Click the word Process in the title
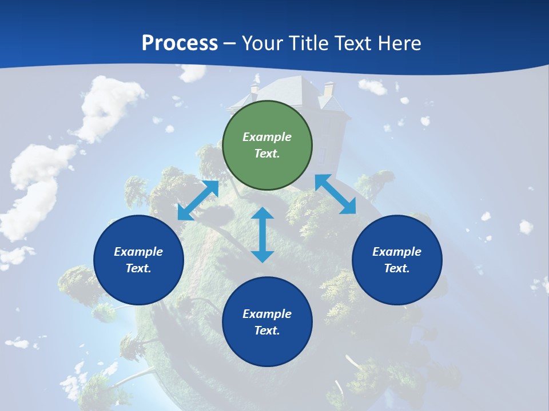tap(180, 43)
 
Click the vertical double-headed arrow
tap(262, 235)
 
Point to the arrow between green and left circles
tap(198, 200)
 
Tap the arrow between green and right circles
tap(335, 194)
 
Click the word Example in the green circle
tap(267, 137)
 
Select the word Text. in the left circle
tap(138, 268)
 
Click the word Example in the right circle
tap(397, 252)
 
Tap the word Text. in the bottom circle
tap(267, 331)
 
